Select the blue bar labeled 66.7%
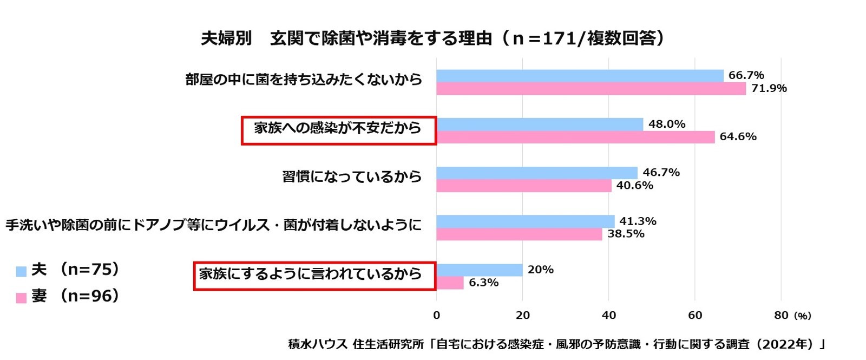[x=580, y=76]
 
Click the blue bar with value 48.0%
[x=540, y=125]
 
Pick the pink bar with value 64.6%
[x=575, y=137]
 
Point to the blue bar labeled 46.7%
[x=537, y=173]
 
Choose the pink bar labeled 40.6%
[x=524, y=186]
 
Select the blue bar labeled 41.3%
[x=526, y=221]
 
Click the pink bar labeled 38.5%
[x=520, y=234]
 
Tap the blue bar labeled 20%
[x=480, y=270]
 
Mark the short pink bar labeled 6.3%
[x=450, y=283]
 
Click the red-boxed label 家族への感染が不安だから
[x=338, y=129]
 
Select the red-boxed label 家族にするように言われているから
[x=314, y=275]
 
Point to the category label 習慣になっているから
[x=352, y=177]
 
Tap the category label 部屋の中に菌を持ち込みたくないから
[x=304, y=80]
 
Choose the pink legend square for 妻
[x=21, y=297]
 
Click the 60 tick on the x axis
[x=695, y=316]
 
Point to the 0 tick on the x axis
[x=437, y=316]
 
